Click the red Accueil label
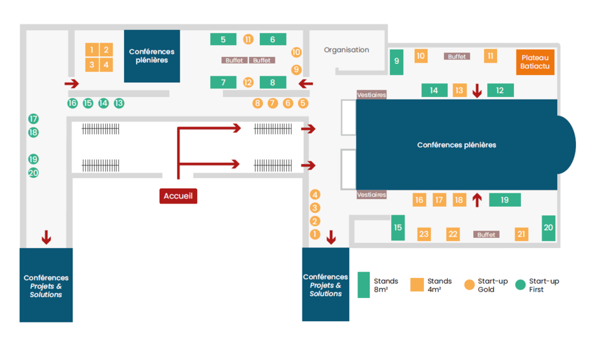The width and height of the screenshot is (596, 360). pos(178,196)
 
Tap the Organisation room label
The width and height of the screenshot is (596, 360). pos(346,50)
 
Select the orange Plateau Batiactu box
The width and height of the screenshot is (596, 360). pos(535,61)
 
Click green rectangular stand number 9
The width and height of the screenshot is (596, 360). pos(397,61)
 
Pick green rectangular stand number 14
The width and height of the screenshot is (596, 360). pos(434,90)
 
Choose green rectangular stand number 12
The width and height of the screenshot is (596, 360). pos(500,90)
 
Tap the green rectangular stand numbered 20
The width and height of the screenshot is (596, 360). pos(548,228)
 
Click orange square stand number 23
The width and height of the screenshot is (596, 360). pos(424,234)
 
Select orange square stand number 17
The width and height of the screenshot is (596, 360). pos(439,200)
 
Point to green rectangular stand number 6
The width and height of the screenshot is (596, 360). pos(273,39)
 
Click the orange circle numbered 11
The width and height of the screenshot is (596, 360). pos(248,39)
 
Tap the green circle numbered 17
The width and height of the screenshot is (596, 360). pos(34,119)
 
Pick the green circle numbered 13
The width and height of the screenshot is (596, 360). pos(119,103)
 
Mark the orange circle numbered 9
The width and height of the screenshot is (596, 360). pos(297,70)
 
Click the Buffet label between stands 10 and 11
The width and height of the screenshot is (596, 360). pos(456,57)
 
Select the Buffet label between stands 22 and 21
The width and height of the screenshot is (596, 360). pos(486,235)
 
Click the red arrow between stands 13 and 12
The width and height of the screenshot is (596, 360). pos(477,90)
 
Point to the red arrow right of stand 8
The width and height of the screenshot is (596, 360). pos(305,83)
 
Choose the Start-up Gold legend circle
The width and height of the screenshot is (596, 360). pos(470,285)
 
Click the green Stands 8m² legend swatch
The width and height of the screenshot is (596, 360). pos(364,285)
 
